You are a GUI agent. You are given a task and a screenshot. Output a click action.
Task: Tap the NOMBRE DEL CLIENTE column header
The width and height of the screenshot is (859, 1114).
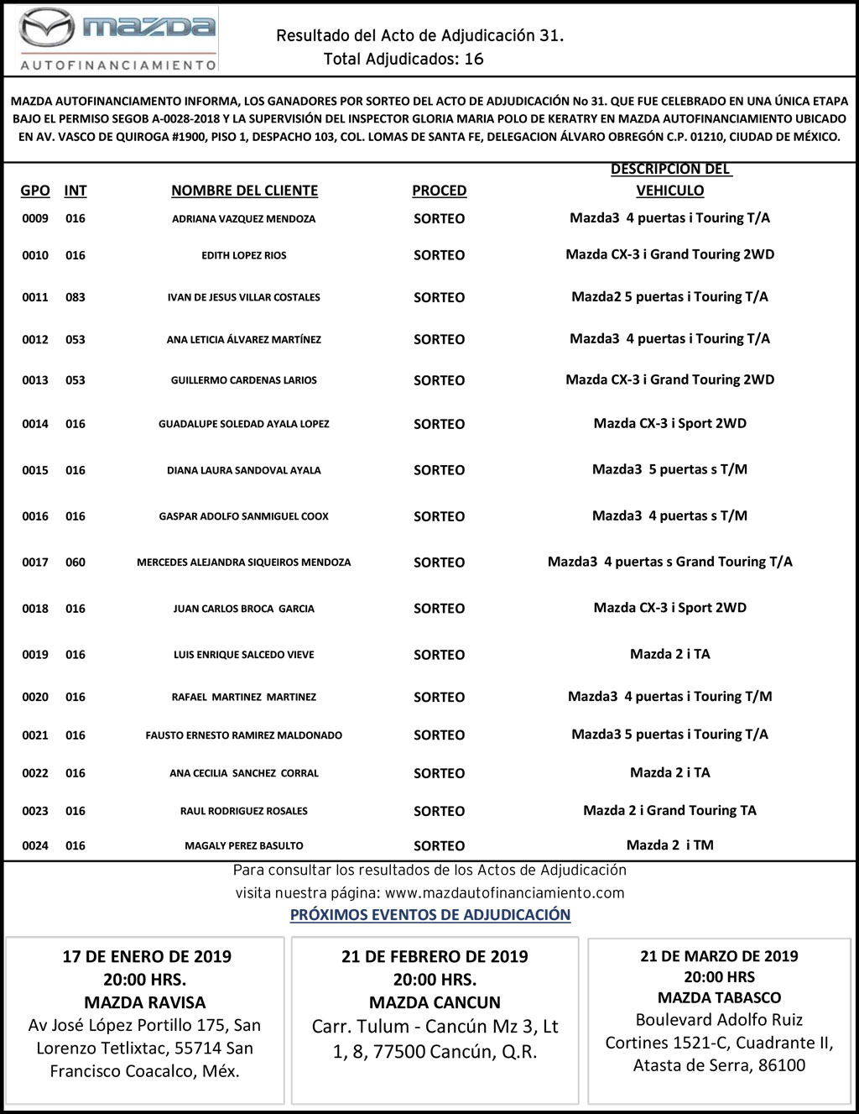[x=244, y=191]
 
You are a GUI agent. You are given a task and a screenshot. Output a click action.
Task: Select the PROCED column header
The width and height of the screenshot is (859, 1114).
[x=439, y=191]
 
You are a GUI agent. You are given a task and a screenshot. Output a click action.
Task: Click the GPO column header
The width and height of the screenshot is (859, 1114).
[x=35, y=191]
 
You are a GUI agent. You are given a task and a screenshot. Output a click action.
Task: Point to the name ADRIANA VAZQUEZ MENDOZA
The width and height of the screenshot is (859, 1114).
[x=243, y=219]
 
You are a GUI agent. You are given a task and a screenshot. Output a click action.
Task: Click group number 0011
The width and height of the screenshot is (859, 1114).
[x=35, y=297]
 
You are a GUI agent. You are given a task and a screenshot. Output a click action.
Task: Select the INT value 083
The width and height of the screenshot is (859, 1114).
[x=75, y=297]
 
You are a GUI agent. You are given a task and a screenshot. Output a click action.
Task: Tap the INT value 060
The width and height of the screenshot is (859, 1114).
[x=75, y=562]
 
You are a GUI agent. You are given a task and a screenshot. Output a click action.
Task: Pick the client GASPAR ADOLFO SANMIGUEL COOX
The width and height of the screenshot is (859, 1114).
[x=243, y=516]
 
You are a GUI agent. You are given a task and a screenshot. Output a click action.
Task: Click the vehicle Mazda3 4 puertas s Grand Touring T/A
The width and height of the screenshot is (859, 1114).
[x=669, y=562]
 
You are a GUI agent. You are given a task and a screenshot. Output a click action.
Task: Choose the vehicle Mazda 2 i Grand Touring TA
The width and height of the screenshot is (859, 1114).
[x=669, y=810]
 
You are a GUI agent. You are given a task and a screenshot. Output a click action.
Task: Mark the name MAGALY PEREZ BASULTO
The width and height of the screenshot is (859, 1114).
[x=243, y=845]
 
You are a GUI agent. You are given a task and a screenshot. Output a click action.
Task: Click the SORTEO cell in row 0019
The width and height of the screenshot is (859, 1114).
[x=439, y=655]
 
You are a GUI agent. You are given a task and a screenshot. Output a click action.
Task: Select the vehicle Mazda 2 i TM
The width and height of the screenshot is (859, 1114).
[x=669, y=845]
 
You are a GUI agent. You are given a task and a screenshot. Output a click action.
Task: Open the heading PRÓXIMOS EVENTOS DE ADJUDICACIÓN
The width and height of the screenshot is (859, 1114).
[x=430, y=914]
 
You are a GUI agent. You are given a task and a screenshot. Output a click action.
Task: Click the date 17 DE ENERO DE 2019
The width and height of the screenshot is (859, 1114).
[x=147, y=956]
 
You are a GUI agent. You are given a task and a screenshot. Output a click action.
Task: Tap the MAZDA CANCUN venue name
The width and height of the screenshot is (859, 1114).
[x=435, y=1002]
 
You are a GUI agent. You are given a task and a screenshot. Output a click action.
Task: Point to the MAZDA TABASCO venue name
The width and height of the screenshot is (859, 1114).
[x=719, y=997]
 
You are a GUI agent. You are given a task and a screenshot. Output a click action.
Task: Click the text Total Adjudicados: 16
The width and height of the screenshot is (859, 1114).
[x=403, y=59]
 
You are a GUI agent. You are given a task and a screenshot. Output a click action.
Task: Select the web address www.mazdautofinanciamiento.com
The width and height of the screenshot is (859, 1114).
[x=505, y=892]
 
